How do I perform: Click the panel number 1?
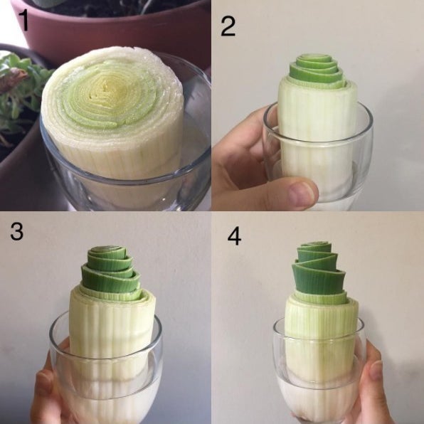pyautogui.click(x=24, y=19)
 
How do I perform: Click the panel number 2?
pyautogui.click(x=228, y=26)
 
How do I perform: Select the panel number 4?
pyautogui.click(x=234, y=235)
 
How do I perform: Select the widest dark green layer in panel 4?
pyautogui.click(x=319, y=279)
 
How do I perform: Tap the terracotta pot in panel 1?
pyautogui.click(x=114, y=30)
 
